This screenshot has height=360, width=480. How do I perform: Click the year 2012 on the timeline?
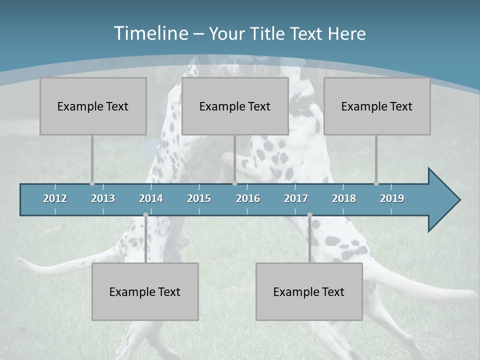tap(55, 198)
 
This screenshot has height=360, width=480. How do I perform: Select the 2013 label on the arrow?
tap(103, 198)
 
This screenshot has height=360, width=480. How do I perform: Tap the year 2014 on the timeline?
tap(151, 198)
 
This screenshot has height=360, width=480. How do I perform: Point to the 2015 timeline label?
tap(199, 198)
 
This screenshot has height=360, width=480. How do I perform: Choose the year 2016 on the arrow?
tap(248, 198)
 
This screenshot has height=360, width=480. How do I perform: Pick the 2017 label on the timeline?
tap(296, 198)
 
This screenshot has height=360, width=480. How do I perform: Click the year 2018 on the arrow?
tap(344, 198)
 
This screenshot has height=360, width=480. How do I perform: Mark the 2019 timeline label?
tap(392, 198)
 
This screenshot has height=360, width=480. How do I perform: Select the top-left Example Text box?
tap(93, 106)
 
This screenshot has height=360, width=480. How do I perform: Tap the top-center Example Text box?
tap(235, 106)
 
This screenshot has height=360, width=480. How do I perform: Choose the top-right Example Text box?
tap(377, 106)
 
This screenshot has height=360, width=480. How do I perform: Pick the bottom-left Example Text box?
tap(145, 291)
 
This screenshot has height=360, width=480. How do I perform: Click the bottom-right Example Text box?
tap(309, 291)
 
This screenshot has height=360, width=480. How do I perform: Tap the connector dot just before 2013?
tap(92, 183)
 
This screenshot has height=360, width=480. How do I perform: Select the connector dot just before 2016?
tap(234, 183)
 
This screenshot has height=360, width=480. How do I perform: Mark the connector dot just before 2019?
tap(376, 183)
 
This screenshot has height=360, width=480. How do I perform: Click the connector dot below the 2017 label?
tap(309, 215)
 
